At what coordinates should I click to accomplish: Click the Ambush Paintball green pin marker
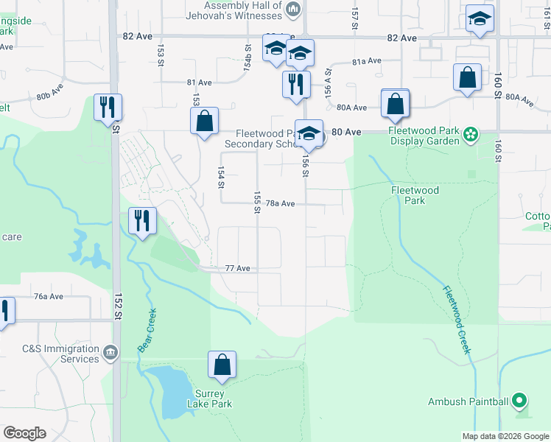[520, 401]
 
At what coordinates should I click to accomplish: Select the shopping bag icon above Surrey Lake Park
[222, 364]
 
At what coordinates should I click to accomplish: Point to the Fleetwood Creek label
[456, 319]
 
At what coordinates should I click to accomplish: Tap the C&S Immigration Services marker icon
[110, 352]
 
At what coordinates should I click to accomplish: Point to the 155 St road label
[257, 202]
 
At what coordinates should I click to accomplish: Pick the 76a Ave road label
[49, 296]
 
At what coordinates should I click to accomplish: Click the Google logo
[24, 433]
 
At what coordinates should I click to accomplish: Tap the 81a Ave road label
[366, 61]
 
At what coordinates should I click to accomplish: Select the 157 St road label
[354, 13]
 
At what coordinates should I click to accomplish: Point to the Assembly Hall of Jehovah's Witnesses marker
[294, 9]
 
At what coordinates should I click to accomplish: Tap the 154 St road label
[220, 176]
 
